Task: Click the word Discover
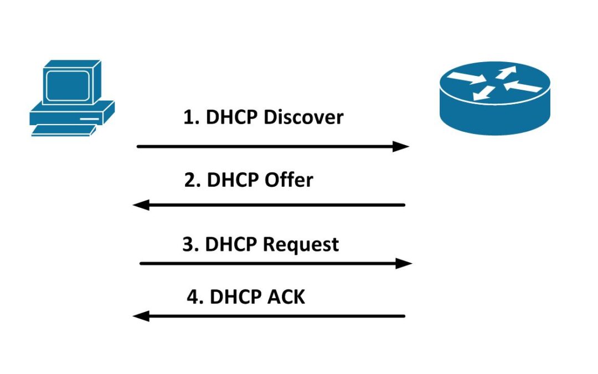pos(303,117)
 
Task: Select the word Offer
pos(288,180)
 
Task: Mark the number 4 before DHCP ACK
pos(193,297)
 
